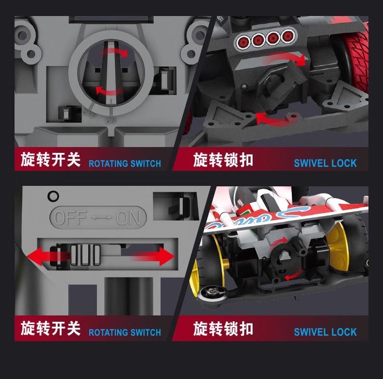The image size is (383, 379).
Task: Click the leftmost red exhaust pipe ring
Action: [242, 41]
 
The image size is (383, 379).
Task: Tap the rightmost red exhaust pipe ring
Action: [287, 36]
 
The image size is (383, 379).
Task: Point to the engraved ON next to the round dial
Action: [111, 120]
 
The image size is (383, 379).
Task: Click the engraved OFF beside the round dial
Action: [89, 113]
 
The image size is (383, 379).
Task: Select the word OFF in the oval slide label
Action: [70, 217]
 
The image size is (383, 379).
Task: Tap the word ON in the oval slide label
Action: [128, 217]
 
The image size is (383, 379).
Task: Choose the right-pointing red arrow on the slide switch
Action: [153, 256]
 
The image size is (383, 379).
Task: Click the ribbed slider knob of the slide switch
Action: [85, 255]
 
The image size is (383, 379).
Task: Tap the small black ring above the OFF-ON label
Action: [53, 196]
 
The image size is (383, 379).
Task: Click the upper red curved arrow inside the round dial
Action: [115, 52]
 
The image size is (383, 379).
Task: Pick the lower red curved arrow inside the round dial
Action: [109, 90]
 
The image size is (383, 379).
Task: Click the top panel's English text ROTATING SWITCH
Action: [125, 164]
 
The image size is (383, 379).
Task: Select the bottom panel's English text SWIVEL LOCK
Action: [325, 332]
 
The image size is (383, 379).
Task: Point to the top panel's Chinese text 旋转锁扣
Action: [223, 160]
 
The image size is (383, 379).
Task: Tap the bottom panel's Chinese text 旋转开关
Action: [50, 329]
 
